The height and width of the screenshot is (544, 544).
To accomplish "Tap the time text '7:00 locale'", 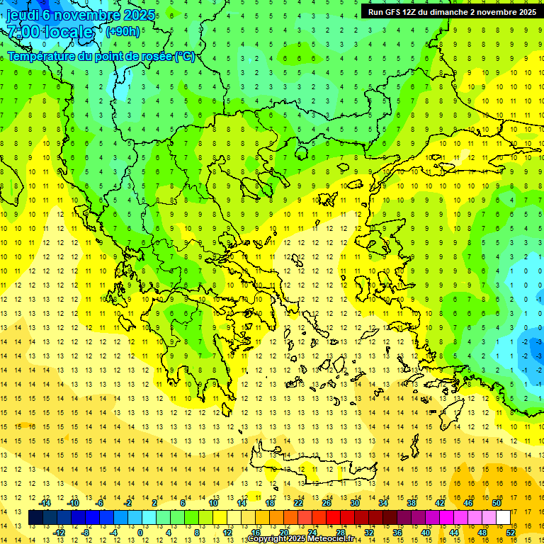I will pyautogui.click(x=50, y=32).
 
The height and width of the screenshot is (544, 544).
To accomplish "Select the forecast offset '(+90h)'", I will pyautogui.click(x=123, y=32).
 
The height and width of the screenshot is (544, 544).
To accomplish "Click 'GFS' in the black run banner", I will pyautogui.click(x=394, y=12).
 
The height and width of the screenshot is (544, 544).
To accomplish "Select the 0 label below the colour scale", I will pyautogui.click(x=140, y=533).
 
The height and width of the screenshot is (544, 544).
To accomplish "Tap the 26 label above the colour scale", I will pyautogui.click(x=327, y=503).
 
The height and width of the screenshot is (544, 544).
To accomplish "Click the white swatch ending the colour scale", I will pyautogui.click(x=503, y=518).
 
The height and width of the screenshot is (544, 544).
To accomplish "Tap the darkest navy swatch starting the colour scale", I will pyautogui.click(x=35, y=518).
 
